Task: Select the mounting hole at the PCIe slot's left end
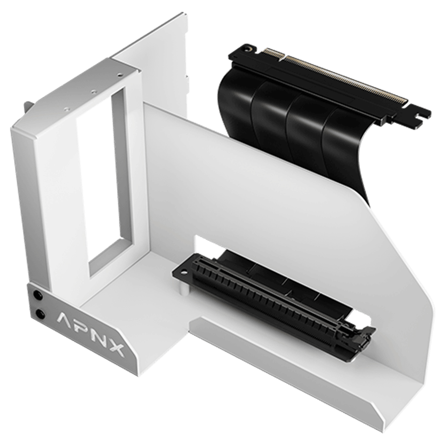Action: click(x=184, y=273)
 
